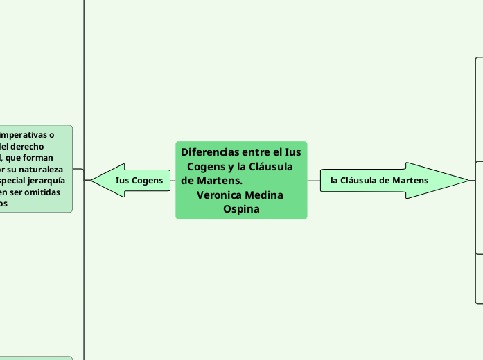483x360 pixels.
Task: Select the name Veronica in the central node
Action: click(219, 195)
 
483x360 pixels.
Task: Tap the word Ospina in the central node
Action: click(241, 208)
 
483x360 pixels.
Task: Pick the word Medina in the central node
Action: click(263, 195)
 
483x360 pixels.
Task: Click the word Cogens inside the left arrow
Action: click(147, 181)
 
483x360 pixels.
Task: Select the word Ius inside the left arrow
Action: click(123, 181)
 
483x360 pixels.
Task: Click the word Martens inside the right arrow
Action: click(410, 181)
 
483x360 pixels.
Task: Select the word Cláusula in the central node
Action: click(270, 167)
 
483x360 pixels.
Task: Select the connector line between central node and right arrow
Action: click(313, 180)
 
